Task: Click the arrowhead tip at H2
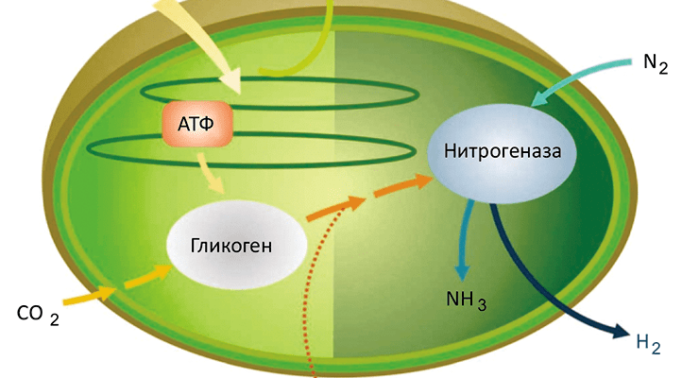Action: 626,333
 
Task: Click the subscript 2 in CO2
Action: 55,319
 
